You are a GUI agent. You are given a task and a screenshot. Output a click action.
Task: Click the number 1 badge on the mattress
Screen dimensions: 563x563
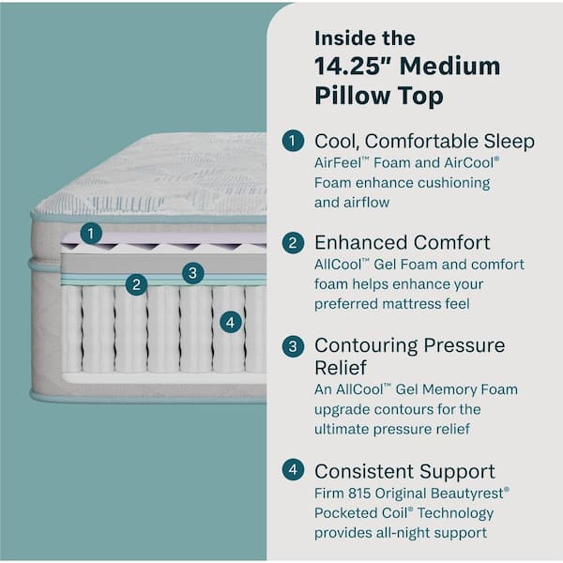coord(91,233)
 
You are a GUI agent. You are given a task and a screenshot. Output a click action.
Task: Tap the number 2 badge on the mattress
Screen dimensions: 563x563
coord(137,283)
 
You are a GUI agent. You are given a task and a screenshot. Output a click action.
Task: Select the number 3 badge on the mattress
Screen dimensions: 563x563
coord(192,273)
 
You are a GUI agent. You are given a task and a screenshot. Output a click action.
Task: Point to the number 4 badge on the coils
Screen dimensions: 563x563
coord(231,322)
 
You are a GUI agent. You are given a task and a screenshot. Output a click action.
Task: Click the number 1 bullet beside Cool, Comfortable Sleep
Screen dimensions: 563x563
coord(294,141)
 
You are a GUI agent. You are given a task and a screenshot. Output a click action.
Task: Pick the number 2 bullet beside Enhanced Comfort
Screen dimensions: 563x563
coord(294,243)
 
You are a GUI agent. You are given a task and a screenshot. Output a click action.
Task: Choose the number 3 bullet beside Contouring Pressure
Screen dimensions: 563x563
coord(294,345)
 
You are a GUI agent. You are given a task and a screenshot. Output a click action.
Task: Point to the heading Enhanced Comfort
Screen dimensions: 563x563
coord(403,243)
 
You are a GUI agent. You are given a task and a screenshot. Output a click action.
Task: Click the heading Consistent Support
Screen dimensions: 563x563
coord(404,471)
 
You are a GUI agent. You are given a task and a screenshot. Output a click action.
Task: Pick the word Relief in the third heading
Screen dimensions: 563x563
coord(342,368)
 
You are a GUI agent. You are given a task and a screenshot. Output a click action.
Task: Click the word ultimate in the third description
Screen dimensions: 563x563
coord(349,429)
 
